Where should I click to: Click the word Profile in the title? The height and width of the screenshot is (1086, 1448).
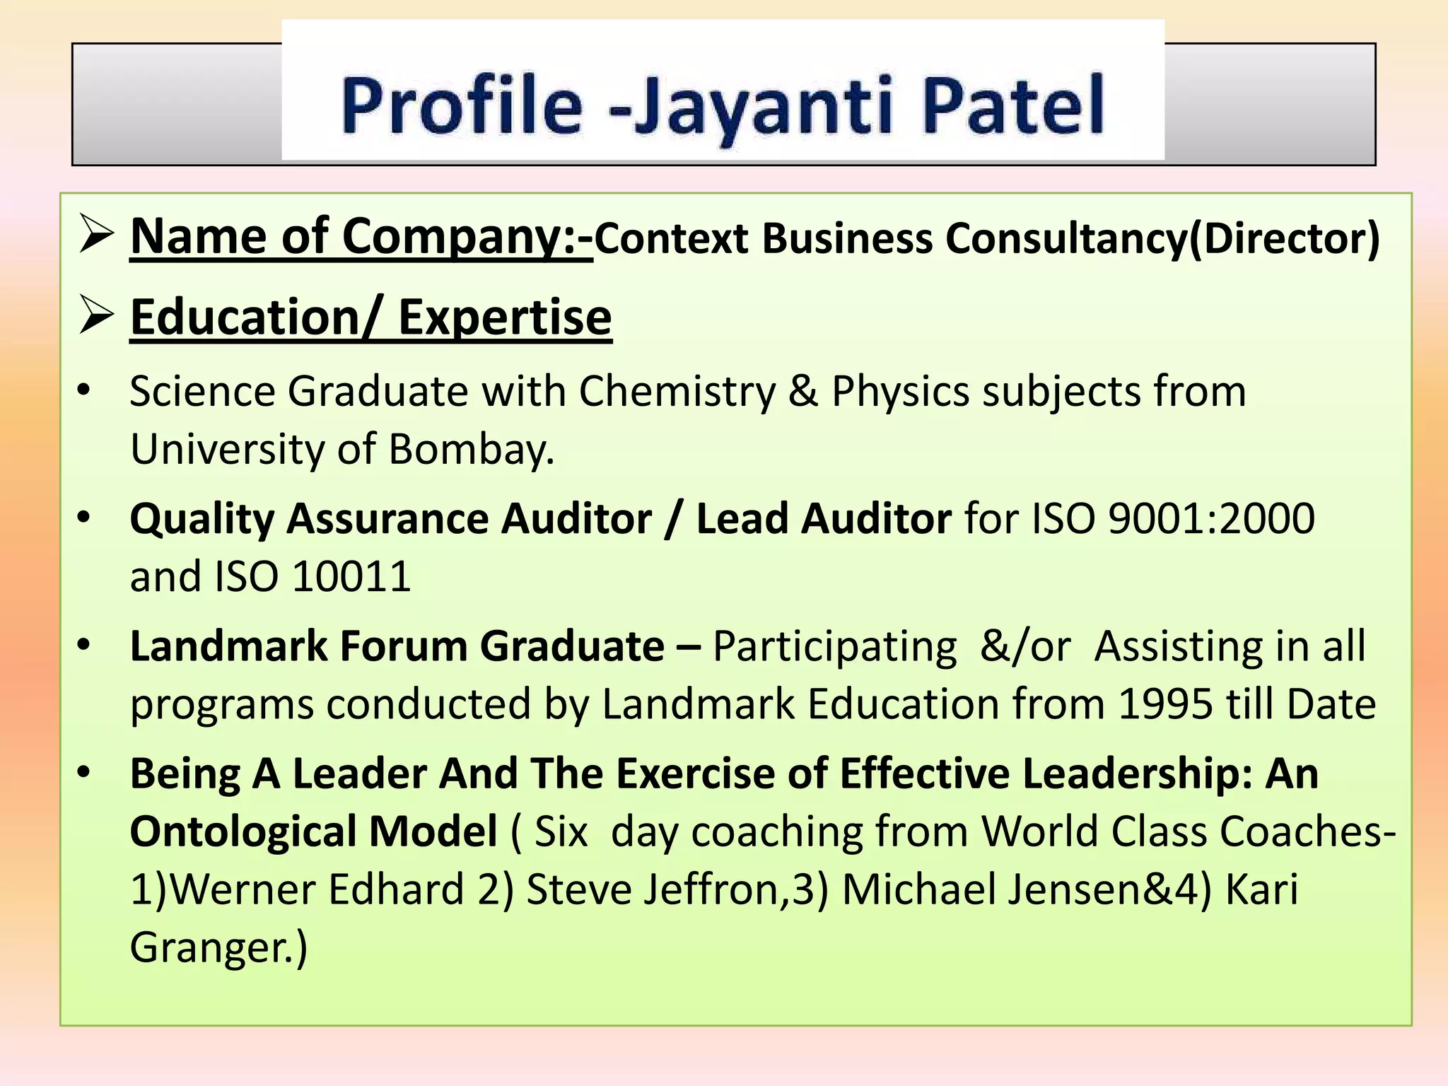click(x=461, y=106)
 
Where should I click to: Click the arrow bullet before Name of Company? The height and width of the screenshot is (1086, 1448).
click(x=97, y=236)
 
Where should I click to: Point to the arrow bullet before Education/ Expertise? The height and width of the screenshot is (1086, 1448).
click(x=97, y=317)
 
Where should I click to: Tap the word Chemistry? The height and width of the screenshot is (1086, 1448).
click(x=677, y=392)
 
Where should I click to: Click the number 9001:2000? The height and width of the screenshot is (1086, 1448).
click(x=1211, y=519)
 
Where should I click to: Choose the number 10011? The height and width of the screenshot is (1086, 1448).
click(x=351, y=577)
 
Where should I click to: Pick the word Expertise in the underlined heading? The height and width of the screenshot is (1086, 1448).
click(x=505, y=317)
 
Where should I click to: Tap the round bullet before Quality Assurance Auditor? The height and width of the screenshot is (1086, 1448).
click(x=84, y=518)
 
